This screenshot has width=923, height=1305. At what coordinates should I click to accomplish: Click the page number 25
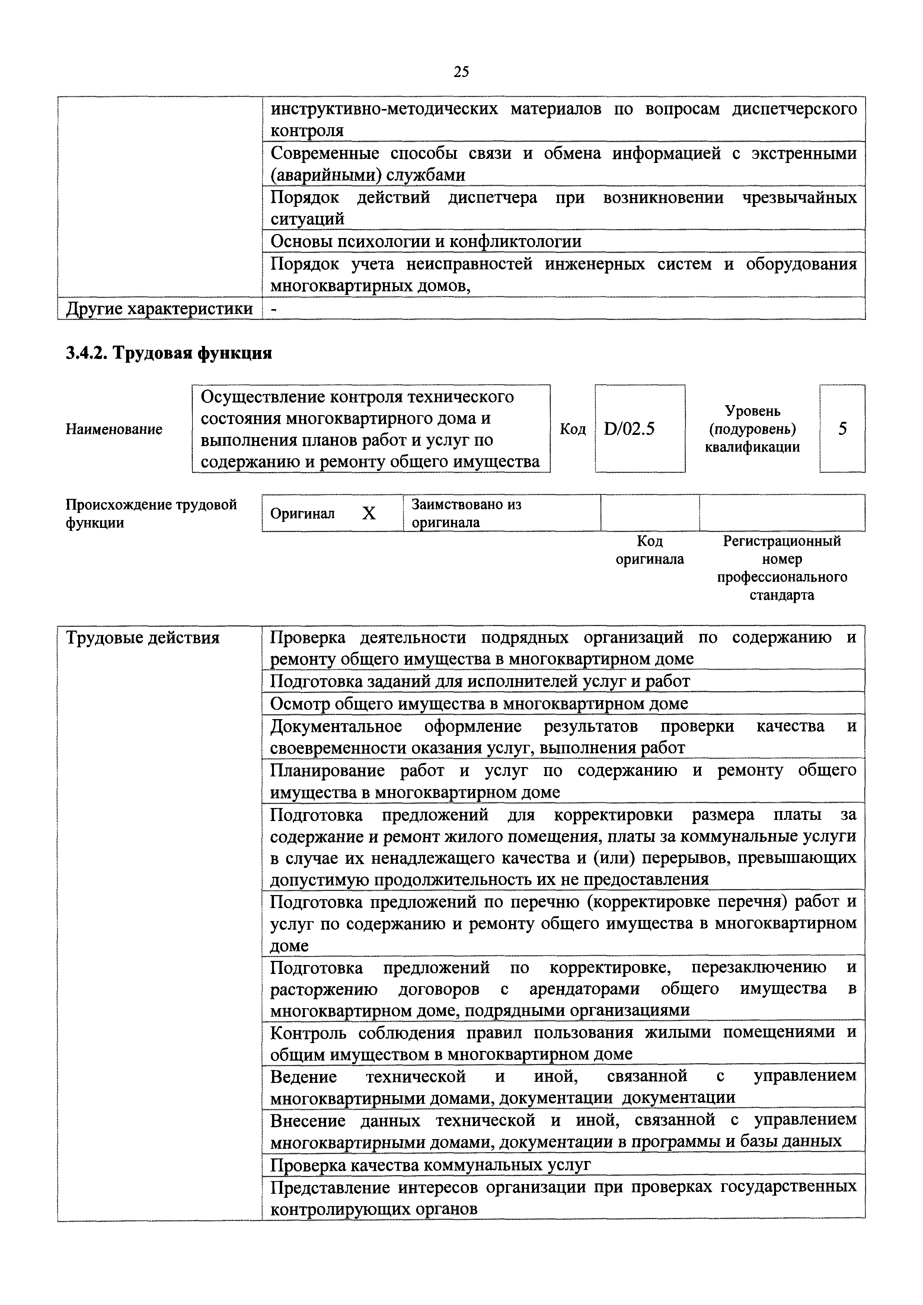pyautogui.click(x=461, y=72)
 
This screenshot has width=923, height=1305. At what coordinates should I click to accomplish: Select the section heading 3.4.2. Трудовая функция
pyautogui.click(x=169, y=353)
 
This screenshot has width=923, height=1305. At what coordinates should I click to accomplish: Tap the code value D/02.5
pyautogui.click(x=630, y=429)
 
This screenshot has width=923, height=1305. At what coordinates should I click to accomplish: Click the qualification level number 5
pyautogui.click(x=842, y=429)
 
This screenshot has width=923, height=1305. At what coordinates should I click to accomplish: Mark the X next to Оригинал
pyautogui.click(x=369, y=514)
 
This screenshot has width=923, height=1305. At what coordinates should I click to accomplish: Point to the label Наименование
pyautogui.click(x=114, y=429)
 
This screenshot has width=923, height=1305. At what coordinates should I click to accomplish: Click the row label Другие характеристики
pyautogui.click(x=160, y=309)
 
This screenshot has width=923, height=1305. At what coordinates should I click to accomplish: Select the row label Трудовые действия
pyautogui.click(x=143, y=638)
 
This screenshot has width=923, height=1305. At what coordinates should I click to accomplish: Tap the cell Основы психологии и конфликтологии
pyautogui.click(x=426, y=241)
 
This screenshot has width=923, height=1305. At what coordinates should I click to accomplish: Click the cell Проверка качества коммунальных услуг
pyautogui.click(x=431, y=1165)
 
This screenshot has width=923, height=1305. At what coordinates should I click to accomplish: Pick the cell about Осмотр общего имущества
pyautogui.click(x=479, y=704)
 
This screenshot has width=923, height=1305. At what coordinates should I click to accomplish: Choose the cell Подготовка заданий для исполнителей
pyautogui.click(x=480, y=681)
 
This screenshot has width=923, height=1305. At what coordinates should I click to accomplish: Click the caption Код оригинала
pyautogui.click(x=650, y=549)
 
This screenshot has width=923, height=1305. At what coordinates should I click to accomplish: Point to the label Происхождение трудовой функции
pyautogui.click(x=151, y=513)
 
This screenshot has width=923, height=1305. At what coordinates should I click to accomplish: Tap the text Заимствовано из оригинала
pyautogui.click(x=466, y=513)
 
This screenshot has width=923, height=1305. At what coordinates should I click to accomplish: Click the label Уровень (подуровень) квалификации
pyautogui.click(x=753, y=429)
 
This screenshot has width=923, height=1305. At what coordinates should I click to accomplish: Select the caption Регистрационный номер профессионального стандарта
pyautogui.click(x=782, y=568)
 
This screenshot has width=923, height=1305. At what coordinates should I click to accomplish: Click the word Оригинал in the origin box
pyautogui.click(x=303, y=514)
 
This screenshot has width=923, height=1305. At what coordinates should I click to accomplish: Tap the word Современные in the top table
pyautogui.click(x=325, y=154)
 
